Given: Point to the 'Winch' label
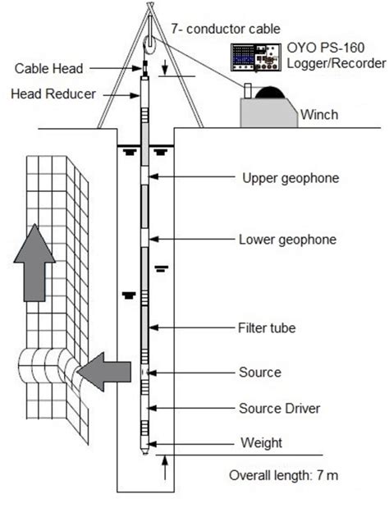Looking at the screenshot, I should click(x=318, y=113).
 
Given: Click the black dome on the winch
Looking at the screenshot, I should click(x=268, y=93).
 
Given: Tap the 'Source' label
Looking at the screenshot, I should click(x=259, y=372).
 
